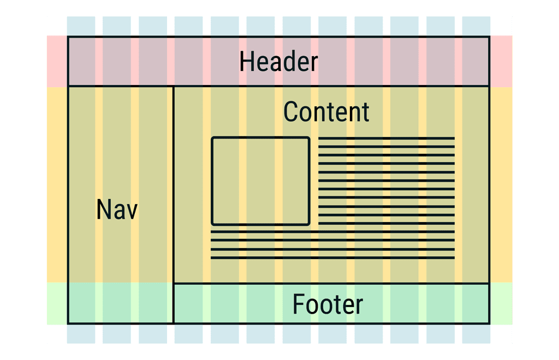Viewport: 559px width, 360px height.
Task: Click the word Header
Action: pyautogui.click(x=278, y=62)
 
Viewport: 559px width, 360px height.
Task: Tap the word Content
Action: pyautogui.click(x=326, y=112)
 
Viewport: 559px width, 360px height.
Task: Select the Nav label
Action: pyautogui.click(x=117, y=209)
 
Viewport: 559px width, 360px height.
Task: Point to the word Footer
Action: pyautogui.click(x=328, y=304)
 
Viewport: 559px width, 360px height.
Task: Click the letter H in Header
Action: pyautogui.click(x=247, y=62)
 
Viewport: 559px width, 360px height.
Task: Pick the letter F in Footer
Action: pyautogui.click(x=298, y=304)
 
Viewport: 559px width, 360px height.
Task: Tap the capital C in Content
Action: pyautogui.click(x=290, y=112)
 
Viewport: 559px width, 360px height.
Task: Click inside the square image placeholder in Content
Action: pyautogui.click(x=260, y=181)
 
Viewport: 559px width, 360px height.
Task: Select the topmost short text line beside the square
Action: pyautogui.click(x=386, y=138)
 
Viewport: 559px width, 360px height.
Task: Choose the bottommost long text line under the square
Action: pyautogui.click(x=332, y=257)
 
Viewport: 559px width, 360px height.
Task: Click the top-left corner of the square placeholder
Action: pyautogui.click(x=212, y=138)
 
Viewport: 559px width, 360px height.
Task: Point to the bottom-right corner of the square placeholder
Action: pyautogui.click(x=309, y=224)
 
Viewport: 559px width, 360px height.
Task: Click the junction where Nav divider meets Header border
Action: pyautogui.click(x=173, y=86)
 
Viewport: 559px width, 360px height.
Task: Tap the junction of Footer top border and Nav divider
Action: pyautogui.click(x=173, y=283)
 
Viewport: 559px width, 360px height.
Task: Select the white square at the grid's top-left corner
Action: pyautogui.click(x=57, y=26)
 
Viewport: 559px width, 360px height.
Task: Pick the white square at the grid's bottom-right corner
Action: pyautogui.click(x=501, y=334)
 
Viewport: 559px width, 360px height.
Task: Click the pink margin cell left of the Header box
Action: pyautogui.click(x=57, y=61)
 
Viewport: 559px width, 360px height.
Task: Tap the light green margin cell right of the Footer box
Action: pyautogui.click(x=501, y=303)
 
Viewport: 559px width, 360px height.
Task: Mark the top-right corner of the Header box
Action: pyautogui.click(x=489, y=37)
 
